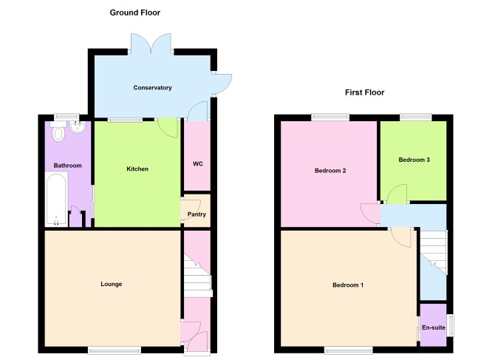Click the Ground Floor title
pos(134,13)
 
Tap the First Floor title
pos(364,92)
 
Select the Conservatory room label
pos(152,88)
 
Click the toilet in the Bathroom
pos(58,132)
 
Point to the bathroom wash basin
pos(78,127)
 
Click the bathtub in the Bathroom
pos(56,199)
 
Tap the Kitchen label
pos(137,169)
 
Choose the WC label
pos(198,164)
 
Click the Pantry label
pos(197,214)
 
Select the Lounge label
pos(112,284)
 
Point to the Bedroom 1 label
pos(348,285)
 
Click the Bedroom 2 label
pos(330,171)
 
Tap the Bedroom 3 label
pos(414,160)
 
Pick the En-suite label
pos(434,327)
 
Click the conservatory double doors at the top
pos(151,44)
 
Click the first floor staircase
pos(434,252)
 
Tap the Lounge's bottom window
pos(115,350)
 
